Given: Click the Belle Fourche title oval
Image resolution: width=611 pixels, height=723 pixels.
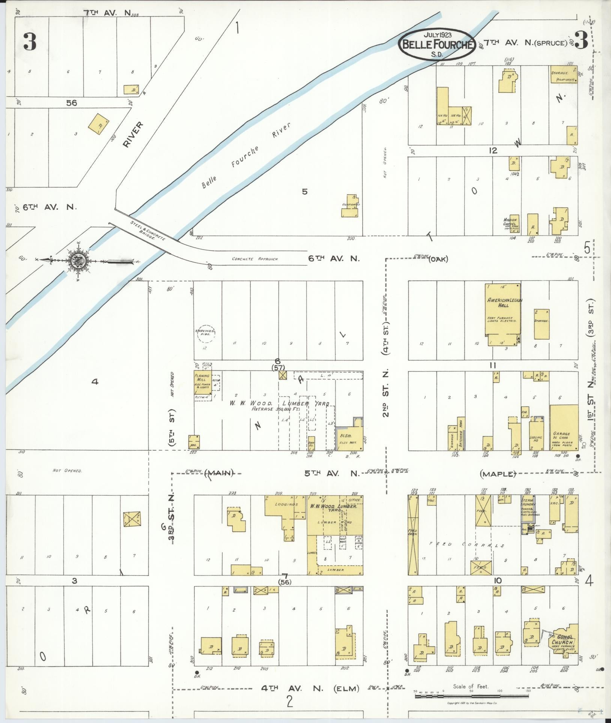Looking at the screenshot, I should (437, 44).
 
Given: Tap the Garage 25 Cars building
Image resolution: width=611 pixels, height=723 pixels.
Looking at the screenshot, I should (564, 428).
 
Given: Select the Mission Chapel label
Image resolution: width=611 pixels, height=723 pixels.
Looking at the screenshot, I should (510, 222).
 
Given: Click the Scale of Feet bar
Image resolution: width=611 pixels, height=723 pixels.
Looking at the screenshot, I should (471, 696).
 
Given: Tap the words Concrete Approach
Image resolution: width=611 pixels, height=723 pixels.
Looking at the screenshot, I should (254, 259).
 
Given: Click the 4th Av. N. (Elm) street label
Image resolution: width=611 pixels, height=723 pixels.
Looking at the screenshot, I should (310, 688).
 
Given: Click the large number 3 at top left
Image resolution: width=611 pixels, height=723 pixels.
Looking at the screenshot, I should (30, 42).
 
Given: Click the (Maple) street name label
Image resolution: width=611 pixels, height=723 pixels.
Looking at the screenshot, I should (498, 474).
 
